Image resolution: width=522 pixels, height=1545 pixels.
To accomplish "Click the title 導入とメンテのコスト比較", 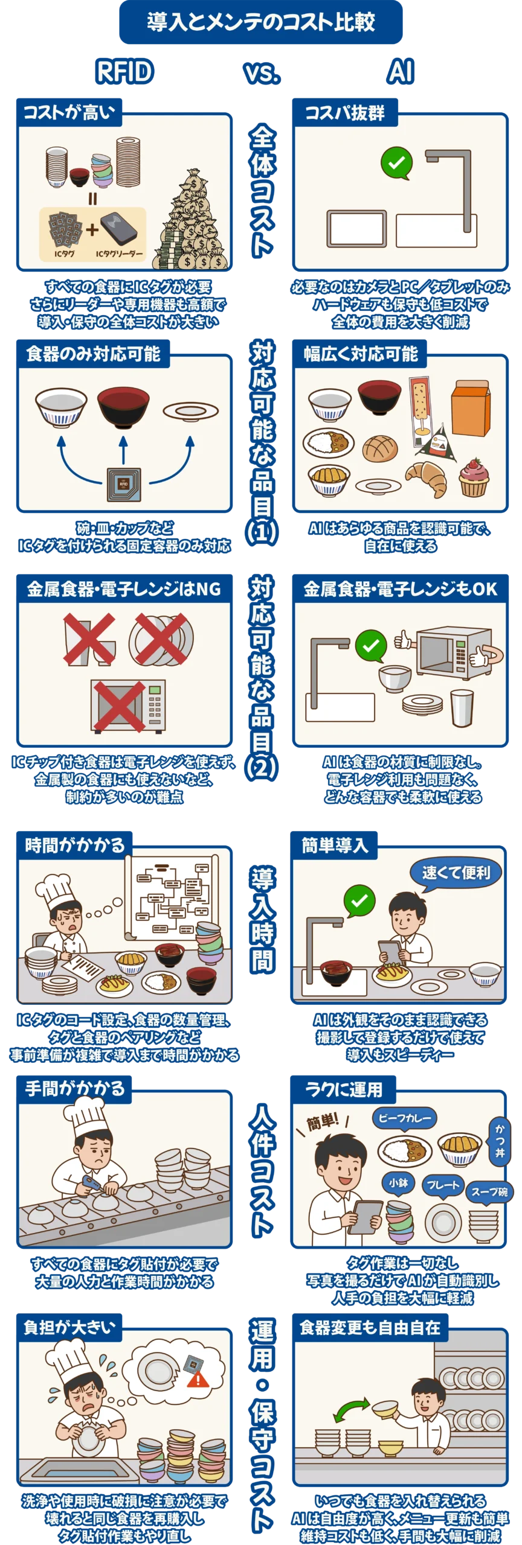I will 261,23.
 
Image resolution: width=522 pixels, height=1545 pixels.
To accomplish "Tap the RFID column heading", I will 125,72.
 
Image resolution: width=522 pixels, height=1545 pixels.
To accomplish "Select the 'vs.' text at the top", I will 262,72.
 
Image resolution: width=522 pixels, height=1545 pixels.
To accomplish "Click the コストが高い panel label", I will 68,112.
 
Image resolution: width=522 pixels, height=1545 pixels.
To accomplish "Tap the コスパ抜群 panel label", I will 344,112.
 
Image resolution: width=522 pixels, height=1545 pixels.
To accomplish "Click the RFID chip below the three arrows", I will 123,484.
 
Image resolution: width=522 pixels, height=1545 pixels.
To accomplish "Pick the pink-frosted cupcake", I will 474,477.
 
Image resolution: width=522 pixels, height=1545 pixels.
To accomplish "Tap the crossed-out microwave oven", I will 127,704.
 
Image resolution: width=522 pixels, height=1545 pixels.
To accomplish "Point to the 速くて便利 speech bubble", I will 456,873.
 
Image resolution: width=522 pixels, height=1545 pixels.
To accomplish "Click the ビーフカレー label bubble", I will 404,1118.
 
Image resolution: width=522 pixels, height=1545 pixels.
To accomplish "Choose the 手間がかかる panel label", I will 74,1088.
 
